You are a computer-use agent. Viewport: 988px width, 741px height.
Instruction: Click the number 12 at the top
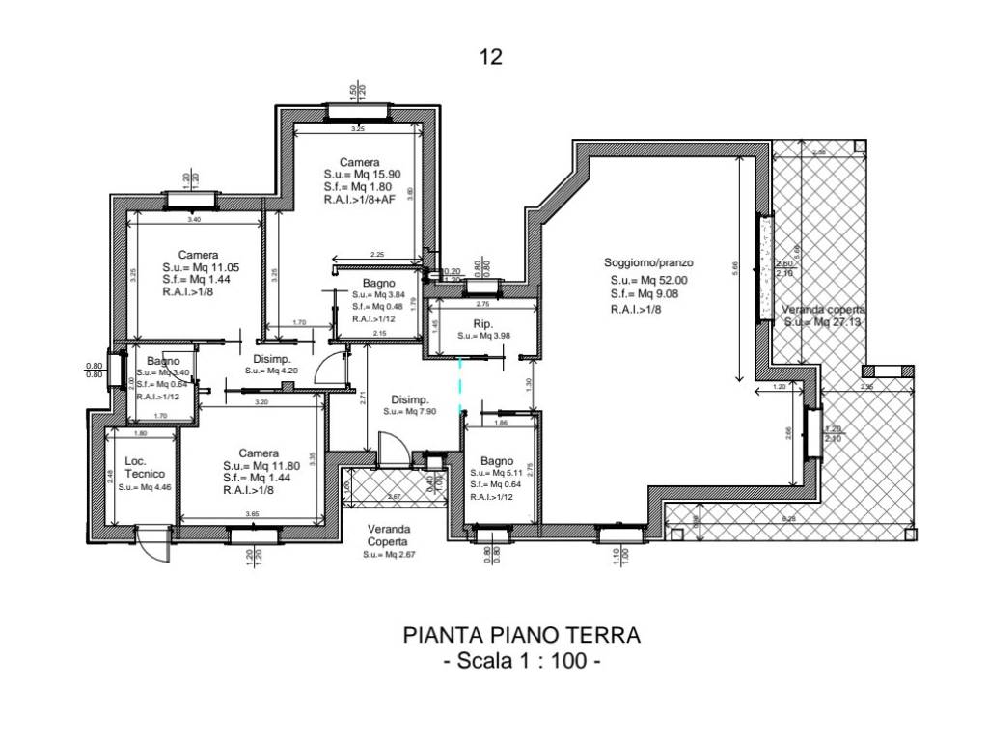(x=490, y=57)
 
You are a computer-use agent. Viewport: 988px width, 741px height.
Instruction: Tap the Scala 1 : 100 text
(x=521, y=663)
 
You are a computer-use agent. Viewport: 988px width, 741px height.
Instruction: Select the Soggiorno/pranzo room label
(x=649, y=262)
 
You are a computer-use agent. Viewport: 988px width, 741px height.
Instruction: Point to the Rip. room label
(x=483, y=323)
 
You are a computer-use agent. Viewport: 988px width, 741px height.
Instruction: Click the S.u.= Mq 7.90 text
(x=410, y=411)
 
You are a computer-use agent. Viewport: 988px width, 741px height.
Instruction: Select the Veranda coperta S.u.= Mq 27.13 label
(x=820, y=316)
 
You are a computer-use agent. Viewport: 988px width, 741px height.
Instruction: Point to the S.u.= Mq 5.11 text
(x=499, y=473)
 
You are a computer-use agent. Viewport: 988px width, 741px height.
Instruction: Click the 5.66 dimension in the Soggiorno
(x=736, y=269)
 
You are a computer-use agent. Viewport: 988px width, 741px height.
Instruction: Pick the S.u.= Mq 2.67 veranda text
(x=390, y=555)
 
